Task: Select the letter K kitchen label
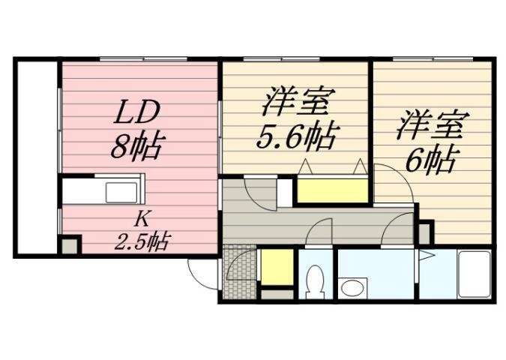coord(140,220)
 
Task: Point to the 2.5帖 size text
coord(141,241)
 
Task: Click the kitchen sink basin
coord(121,192)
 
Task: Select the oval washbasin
coord(351,286)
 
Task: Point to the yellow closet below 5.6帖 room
coord(332,190)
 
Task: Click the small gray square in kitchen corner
coord(70,245)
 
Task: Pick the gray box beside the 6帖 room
coord(425,232)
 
